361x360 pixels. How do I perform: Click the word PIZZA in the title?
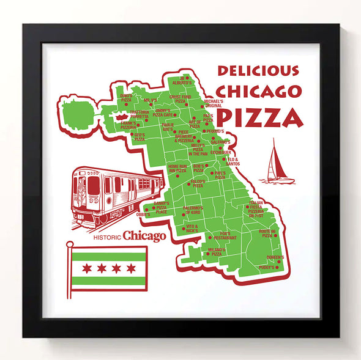[260, 117]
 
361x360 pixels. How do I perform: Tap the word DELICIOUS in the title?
[258, 71]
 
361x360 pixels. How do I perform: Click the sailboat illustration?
[278, 162]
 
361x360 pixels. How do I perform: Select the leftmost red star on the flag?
[86, 268]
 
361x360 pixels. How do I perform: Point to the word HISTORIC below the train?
[106, 237]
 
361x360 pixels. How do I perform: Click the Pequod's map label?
[215, 131]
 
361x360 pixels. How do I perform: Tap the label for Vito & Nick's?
[192, 228]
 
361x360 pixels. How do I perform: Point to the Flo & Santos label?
[233, 162]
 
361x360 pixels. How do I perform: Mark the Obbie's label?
[143, 215]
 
